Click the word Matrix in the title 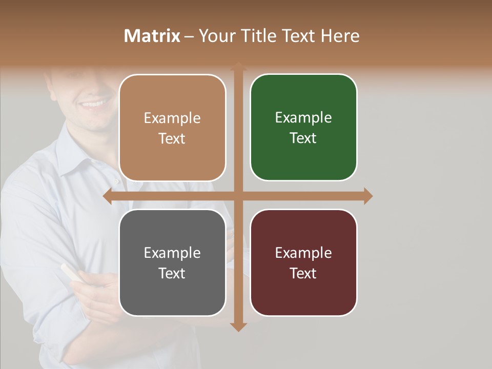(152, 36)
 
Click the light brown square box (172, 128)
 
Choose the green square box (303, 128)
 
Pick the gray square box (172, 262)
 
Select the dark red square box (303, 262)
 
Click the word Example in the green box (303, 117)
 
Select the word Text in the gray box (172, 273)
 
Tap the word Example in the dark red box (303, 253)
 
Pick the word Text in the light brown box (172, 138)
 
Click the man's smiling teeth (93, 104)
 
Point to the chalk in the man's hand (70, 271)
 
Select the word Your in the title (212, 36)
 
